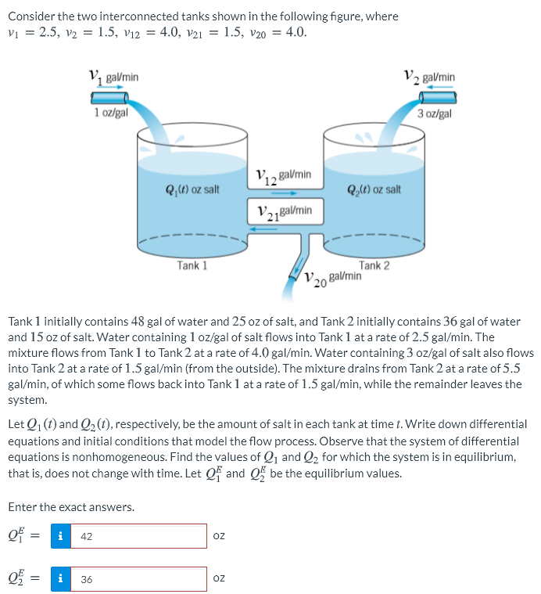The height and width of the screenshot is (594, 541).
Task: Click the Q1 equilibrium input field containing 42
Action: pos(138,536)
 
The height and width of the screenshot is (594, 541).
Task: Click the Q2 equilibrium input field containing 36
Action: pos(138,579)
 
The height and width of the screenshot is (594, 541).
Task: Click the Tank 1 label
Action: pos(192,265)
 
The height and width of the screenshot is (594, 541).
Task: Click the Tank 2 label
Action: pos(374,265)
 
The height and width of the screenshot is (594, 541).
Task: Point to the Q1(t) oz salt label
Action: pos(192,189)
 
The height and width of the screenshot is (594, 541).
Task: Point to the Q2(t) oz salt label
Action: pos(374,189)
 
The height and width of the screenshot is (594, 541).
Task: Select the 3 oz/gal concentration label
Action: pos(435,113)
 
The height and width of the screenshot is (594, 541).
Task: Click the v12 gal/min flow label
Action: pos(284,175)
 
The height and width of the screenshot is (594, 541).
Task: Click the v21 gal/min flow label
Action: pos(285,211)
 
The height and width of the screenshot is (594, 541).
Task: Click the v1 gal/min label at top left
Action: pos(114,77)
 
